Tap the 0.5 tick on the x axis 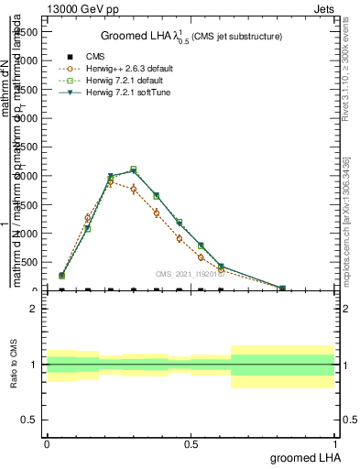[191, 441]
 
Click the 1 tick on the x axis [334, 441]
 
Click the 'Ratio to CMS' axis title [14, 365]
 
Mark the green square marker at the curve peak [134, 169]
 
